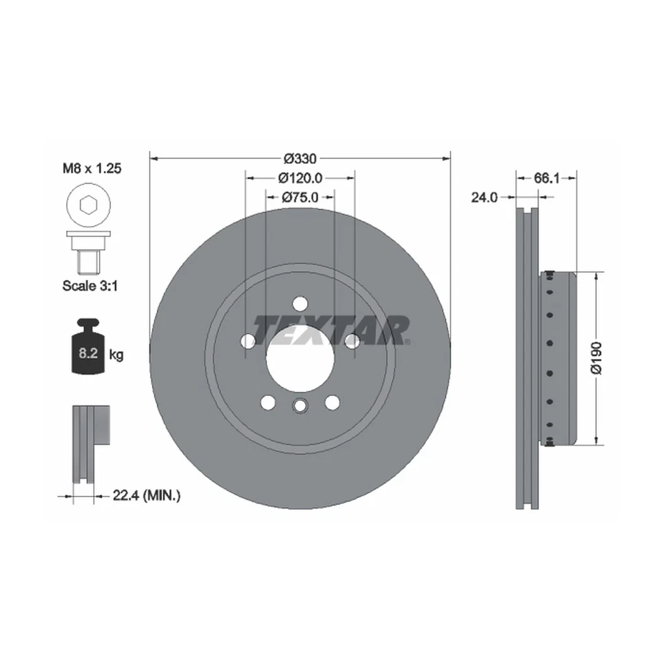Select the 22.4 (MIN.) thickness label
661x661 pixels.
click(146, 494)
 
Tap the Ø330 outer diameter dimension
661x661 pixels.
click(300, 156)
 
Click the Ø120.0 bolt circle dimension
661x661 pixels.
click(300, 177)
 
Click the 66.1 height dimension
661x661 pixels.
click(546, 178)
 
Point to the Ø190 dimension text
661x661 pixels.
click(596, 358)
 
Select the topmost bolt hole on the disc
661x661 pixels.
click(300, 303)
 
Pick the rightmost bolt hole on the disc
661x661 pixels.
click(351, 341)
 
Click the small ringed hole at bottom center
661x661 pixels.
click(300, 406)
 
